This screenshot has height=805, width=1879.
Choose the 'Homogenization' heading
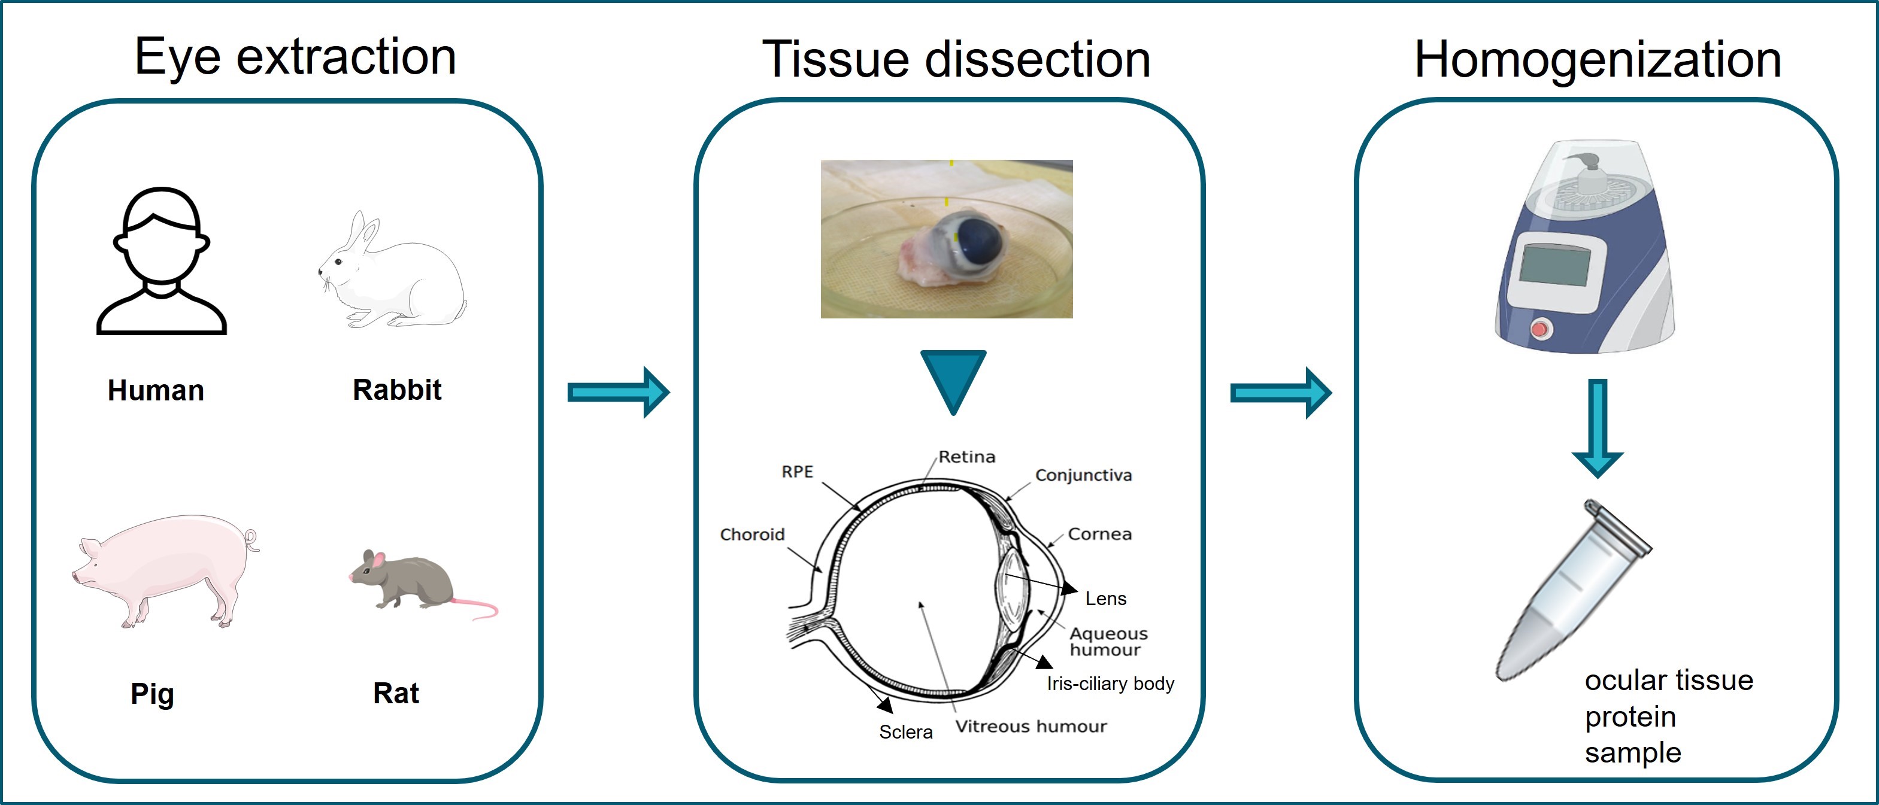pyautogui.click(x=1598, y=59)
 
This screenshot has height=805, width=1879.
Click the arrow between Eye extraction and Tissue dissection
pyautogui.click(x=619, y=392)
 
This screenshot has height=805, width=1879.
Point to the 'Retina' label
pyautogui.click(x=966, y=457)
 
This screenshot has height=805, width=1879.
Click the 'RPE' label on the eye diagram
pyautogui.click(x=797, y=472)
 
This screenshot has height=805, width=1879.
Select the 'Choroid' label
pyautogui.click(x=752, y=534)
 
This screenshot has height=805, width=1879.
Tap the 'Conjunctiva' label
pyautogui.click(x=1083, y=475)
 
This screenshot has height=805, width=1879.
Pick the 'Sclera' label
pyautogui.click(x=905, y=732)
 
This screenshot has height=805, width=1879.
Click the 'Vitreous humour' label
pyautogui.click(x=1031, y=726)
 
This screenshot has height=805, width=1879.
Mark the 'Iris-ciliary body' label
pyautogui.click(x=1110, y=684)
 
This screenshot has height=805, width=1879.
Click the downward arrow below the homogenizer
pyautogui.click(x=1598, y=428)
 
